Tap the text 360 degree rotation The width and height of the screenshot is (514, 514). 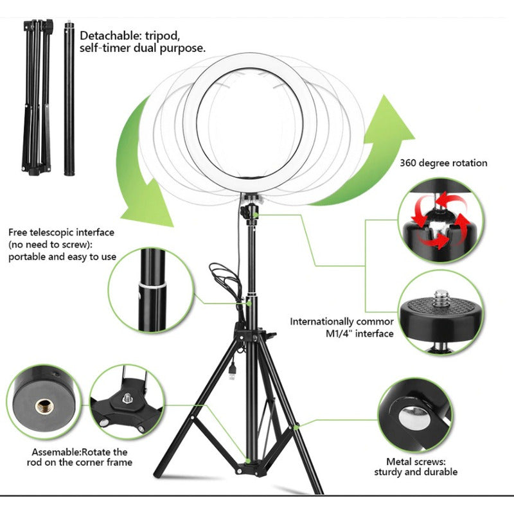[x=443, y=163]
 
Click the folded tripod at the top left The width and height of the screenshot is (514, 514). [x=37, y=97]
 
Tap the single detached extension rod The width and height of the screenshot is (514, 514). [x=69, y=98]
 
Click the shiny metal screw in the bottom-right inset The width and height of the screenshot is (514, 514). [x=414, y=418]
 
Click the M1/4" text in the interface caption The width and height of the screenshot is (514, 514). [x=339, y=333]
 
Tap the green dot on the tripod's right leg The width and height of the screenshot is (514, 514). [x=296, y=427]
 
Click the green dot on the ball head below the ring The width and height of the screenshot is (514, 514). [x=255, y=215]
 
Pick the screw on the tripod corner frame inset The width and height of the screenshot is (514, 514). [x=127, y=398]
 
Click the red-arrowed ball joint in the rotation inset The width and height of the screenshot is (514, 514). [x=439, y=220]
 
